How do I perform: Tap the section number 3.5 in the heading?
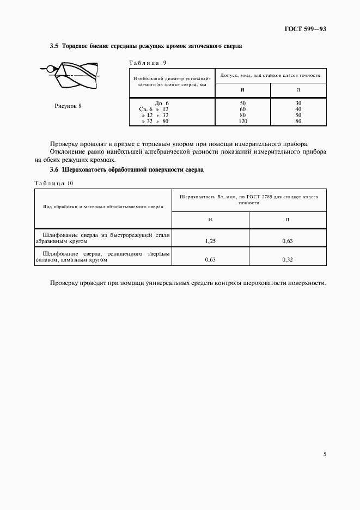click(x=54, y=47)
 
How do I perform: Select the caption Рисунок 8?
click(x=68, y=106)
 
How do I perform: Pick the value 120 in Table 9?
click(x=243, y=122)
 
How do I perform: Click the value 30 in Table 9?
click(x=298, y=103)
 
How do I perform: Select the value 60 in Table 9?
click(x=243, y=109)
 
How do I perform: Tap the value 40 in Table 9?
click(x=298, y=109)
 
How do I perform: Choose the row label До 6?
click(x=162, y=103)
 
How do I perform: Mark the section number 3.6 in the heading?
click(x=54, y=169)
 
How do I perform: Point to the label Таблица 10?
click(x=54, y=183)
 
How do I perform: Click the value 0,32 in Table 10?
click(x=288, y=260)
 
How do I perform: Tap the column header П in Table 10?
click(x=288, y=219)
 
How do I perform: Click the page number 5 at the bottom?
click(x=325, y=454)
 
